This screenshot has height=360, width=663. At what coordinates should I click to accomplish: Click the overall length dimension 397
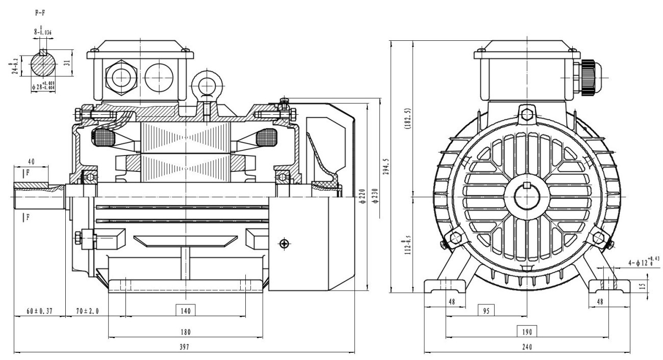pyautogui.click(x=186, y=347)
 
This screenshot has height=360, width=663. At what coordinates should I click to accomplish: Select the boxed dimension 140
pyautogui.click(x=186, y=310)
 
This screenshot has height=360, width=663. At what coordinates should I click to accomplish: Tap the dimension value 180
pyautogui.click(x=186, y=332)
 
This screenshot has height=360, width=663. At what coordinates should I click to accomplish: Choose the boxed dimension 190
pyautogui.click(x=527, y=332)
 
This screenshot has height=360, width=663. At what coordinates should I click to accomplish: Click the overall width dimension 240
pyautogui.click(x=527, y=347)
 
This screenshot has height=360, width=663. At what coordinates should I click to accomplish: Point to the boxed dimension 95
pyautogui.click(x=487, y=310)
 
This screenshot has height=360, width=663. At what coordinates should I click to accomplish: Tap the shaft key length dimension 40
pyautogui.click(x=31, y=162)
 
